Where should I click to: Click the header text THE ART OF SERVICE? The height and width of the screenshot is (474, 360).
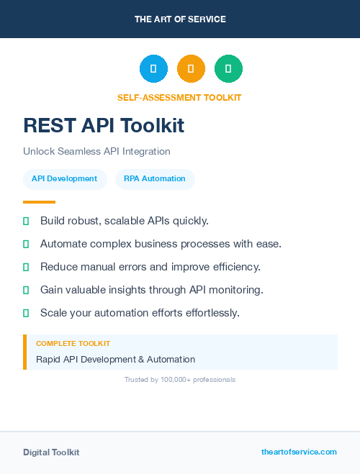pos(180,19)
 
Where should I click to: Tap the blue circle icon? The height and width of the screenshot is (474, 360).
pos(153,69)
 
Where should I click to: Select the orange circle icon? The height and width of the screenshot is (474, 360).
pos(191,69)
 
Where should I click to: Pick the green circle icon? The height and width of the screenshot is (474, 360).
pos(228,69)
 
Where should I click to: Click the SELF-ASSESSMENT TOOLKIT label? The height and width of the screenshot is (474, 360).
pos(179,98)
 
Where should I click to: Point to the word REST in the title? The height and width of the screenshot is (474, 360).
pos(49,126)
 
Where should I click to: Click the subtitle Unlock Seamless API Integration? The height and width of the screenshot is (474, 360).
pos(96,152)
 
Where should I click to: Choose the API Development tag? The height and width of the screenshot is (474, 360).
pos(65,179)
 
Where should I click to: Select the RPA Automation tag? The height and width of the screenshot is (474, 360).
pos(155,179)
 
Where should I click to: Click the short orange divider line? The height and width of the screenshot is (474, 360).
pos(39,202)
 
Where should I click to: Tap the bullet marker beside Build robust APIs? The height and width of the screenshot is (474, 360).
pos(26,221)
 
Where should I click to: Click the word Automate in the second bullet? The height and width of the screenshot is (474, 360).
pos(62,244)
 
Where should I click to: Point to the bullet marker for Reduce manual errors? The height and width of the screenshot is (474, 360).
pos(26,267)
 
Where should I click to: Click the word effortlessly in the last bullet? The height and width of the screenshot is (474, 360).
pos(209,313)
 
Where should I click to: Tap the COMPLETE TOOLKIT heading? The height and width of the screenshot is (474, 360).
pos(73,344)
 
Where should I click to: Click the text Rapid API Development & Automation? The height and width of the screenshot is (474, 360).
pos(115,360)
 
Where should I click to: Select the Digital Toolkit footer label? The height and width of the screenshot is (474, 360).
pos(51,452)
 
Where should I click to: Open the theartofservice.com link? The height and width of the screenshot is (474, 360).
pos(299,452)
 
